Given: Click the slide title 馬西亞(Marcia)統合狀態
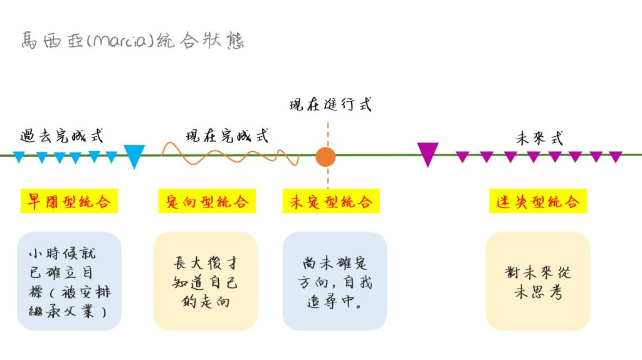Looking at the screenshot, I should click(132, 41).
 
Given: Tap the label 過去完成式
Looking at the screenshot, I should click(61, 135).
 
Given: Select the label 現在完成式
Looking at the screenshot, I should click(227, 135).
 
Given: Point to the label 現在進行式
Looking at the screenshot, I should click(330, 104).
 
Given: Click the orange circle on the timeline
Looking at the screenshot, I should click(325, 156).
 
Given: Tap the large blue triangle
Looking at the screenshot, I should click(134, 155).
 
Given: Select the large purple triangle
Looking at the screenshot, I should click(428, 153).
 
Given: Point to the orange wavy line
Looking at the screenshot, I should click(229, 154).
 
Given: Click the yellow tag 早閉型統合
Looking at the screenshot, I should click(69, 201).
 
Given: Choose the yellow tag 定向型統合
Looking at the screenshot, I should click(207, 201).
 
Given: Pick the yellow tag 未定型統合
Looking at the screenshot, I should click(331, 201).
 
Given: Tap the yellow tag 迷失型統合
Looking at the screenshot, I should click(538, 201).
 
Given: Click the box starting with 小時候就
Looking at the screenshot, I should click(69, 282).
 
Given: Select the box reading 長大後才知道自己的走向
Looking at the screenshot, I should click(205, 282).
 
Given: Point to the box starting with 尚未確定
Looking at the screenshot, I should click(335, 282).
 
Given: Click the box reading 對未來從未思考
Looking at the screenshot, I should click(538, 282).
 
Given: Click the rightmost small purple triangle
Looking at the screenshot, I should click(616, 156).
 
